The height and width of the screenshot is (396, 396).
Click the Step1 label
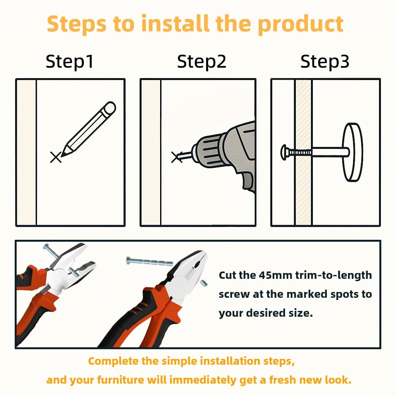(x=70, y=62)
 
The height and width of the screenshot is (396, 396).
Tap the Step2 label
(x=201, y=62)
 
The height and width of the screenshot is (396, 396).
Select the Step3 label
(x=325, y=62)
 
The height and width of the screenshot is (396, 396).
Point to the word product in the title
(x=300, y=25)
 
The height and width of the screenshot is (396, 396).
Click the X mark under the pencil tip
(x=56, y=157)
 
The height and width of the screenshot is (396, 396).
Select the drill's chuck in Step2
(x=208, y=151)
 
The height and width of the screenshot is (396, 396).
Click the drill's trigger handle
(x=247, y=180)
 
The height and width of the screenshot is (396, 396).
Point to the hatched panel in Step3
(x=304, y=152)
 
